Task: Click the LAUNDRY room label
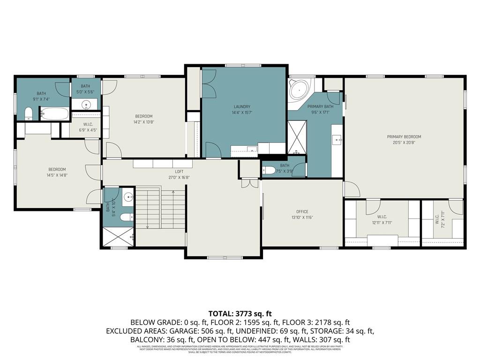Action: [242, 106]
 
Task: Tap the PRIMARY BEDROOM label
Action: [404, 137]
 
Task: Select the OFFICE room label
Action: [302, 211]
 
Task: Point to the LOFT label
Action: [179, 172]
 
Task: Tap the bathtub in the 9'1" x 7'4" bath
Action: [54, 114]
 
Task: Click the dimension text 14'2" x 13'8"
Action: [144, 122]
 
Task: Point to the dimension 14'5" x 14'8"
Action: [57, 175]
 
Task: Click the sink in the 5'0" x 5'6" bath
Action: [86, 105]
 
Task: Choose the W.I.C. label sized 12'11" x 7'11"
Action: [381, 217]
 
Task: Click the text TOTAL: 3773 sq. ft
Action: [240, 314]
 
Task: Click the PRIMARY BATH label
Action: [320, 106]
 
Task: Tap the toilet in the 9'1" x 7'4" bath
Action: [28, 114]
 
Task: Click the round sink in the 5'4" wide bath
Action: [128, 197]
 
